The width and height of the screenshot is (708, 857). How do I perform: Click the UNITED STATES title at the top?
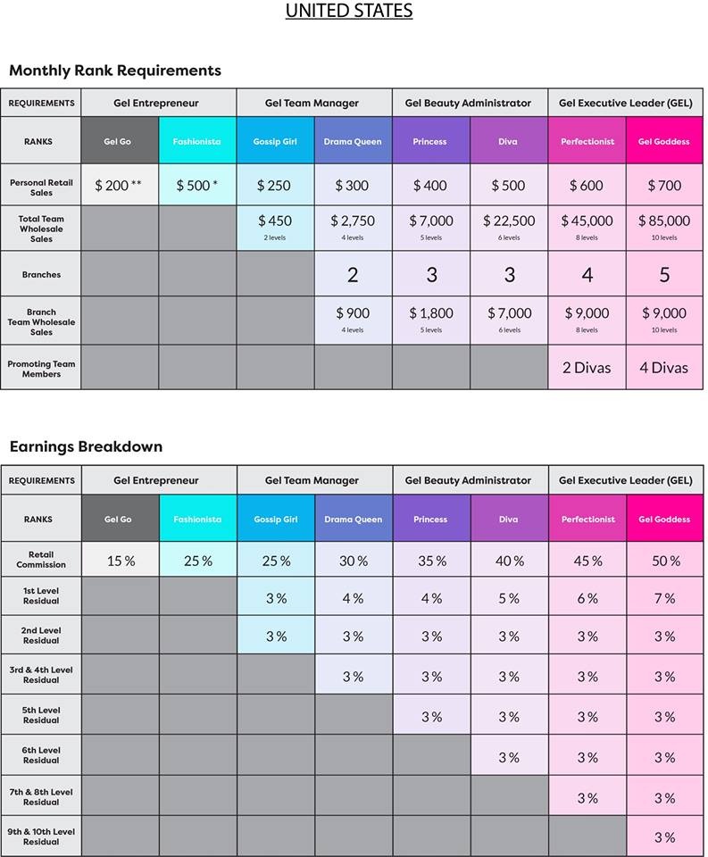pos(349,12)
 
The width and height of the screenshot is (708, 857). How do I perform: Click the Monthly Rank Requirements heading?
pos(115,71)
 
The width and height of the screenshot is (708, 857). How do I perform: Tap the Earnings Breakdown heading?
pos(86,446)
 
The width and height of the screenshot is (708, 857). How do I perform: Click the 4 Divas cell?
pos(663,367)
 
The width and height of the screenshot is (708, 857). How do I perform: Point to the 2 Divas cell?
pos(587,367)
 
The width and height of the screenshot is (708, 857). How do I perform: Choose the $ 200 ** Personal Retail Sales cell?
pos(119,186)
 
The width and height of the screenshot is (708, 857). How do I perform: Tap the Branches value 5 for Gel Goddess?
pos(664,275)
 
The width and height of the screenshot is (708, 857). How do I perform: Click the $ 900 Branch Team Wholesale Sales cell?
pos(353,319)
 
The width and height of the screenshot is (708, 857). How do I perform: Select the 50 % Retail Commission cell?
pos(664,562)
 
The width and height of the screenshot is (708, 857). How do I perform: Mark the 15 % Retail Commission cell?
pos(121,562)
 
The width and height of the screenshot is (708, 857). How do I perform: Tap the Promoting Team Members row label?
pos(41,369)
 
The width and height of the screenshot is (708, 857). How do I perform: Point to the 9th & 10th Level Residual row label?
pos(41,836)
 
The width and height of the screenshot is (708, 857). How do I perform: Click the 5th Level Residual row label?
pos(41,716)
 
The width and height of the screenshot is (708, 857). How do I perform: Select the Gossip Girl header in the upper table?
pos(275,141)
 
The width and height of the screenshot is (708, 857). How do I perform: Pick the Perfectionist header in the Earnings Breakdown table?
pos(587,519)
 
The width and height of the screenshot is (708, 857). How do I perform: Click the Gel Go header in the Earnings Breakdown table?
pos(118,519)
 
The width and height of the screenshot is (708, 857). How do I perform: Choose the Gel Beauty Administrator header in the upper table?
pos(468,103)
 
